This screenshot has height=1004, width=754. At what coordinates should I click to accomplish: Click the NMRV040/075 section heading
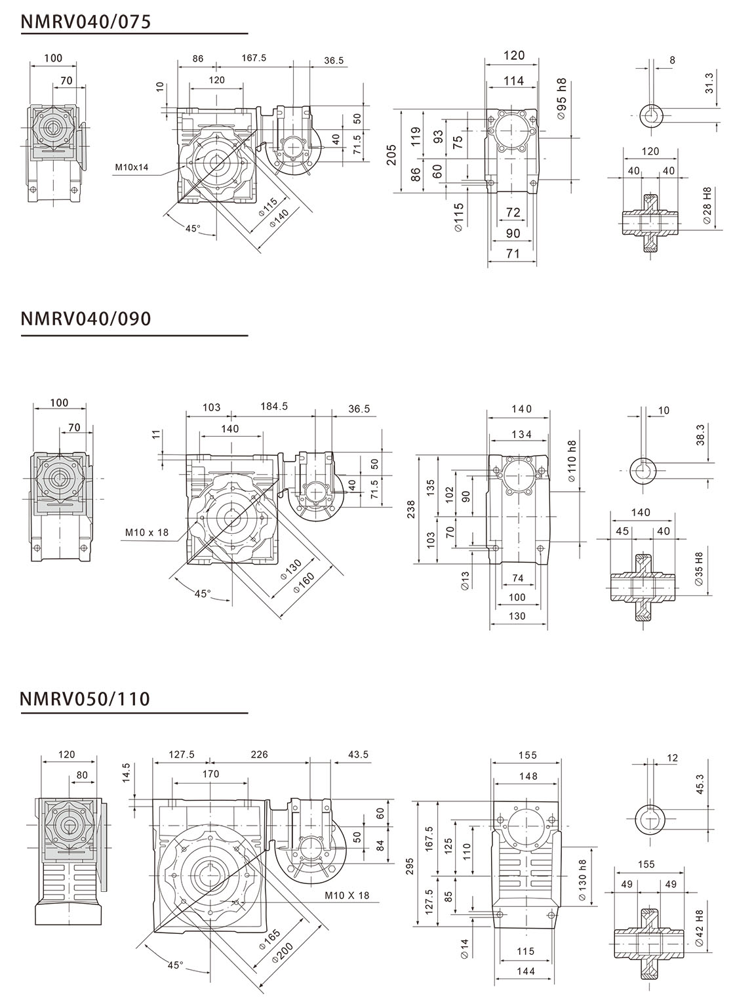[x=86, y=22]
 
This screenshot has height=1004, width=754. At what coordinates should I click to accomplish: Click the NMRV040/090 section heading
[x=86, y=319]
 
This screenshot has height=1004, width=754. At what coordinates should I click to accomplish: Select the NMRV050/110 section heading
[x=86, y=699]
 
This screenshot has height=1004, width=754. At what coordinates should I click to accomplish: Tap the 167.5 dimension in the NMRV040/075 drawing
[x=254, y=58]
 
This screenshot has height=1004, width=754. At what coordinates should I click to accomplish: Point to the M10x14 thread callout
[x=132, y=167]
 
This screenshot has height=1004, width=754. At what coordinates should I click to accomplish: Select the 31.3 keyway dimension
[x=708, y=85]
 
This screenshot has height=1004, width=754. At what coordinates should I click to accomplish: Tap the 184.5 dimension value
[x=274, y=407]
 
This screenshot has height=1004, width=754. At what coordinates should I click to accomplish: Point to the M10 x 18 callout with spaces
[x=147, y=532]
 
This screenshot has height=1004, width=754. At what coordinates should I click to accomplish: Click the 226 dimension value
[x=260, y=755]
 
